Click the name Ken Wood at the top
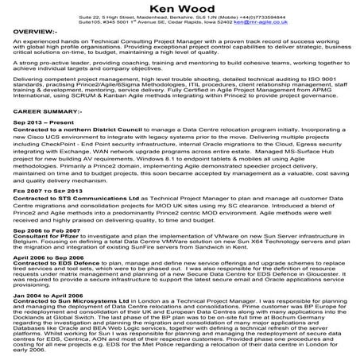click(x=180, y=9)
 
